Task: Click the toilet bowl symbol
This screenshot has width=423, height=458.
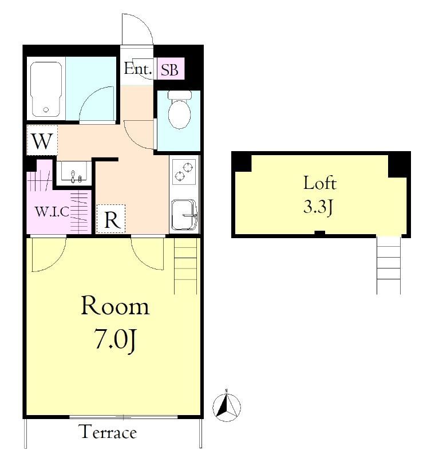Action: [x=179, y=109]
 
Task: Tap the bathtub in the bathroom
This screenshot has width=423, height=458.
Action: [x=46, y=89]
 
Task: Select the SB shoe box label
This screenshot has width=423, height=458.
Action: [x=169, y=70]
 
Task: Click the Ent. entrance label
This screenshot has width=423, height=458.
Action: [x=138, y=69]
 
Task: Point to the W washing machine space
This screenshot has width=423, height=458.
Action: [x=42, y=140]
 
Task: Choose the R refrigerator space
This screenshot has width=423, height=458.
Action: [x=111, y=219]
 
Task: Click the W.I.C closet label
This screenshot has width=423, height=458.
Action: [x=52, y=211]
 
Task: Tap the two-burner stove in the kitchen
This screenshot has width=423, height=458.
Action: [x=184, y=171]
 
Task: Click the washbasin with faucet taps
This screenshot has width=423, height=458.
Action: [x=74, y=172]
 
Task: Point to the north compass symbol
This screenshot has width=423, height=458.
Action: [x=227, y=406]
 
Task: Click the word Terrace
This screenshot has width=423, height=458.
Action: [x=108, y=432]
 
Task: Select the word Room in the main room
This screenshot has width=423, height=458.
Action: [x=115, y=306]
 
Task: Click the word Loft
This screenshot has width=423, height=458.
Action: [x=319, y=183]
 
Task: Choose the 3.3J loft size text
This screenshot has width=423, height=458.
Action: [x=318, y=207]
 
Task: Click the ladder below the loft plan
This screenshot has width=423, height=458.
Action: [x=388, y=265]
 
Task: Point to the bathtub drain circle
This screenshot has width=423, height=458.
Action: [x=46, y=110]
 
